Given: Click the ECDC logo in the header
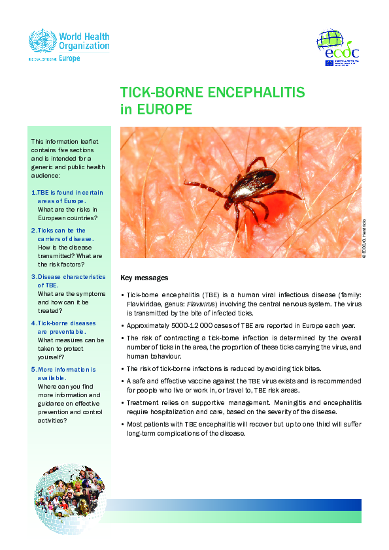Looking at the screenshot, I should click(x=338, y=47).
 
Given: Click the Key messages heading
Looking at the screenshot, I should click(x=144, y=278).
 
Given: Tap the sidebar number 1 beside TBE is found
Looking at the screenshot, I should click(x=33, y=193).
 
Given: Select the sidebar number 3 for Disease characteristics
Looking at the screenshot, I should click(x=33, y=277).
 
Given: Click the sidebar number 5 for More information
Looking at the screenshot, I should click(x=33, y=370).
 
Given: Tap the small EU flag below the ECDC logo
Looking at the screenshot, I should click(x=329, y=63).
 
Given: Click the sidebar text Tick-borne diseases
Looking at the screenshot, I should click(x=66, y=323).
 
